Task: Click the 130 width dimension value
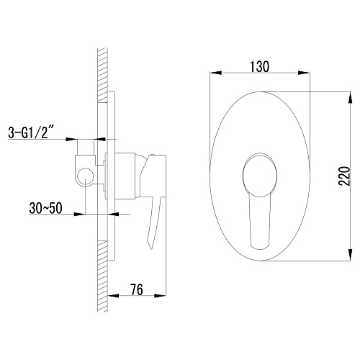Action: tap(259, 66)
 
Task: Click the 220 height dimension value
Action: tap(345, 176)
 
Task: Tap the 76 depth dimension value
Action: tap(137, 289)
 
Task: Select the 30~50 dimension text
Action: tap(45, 208)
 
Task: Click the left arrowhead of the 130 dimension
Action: tap(215, 73)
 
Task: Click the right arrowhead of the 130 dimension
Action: tap(304, 73)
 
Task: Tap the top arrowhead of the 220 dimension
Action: tap(351, 98)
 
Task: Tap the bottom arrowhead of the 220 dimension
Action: tap(351, 255)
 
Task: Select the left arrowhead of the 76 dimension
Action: tap(113, 295)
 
